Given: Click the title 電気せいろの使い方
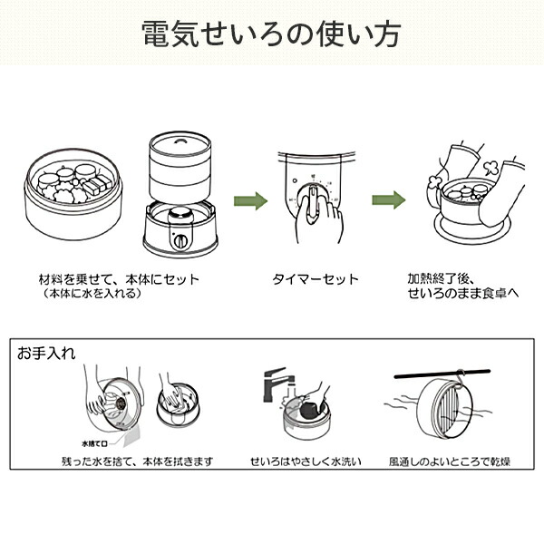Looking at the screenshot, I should pos(272,34).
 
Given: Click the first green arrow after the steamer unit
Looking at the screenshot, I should pos(251,199).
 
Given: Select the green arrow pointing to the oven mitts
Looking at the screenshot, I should pos(387,199).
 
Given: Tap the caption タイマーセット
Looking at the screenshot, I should pos(316,279).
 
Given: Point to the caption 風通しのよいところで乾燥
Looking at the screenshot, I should pos(449,461).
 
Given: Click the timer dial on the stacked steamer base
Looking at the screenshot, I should pos(180,242).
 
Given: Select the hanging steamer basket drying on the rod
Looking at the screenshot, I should pos(448,409).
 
